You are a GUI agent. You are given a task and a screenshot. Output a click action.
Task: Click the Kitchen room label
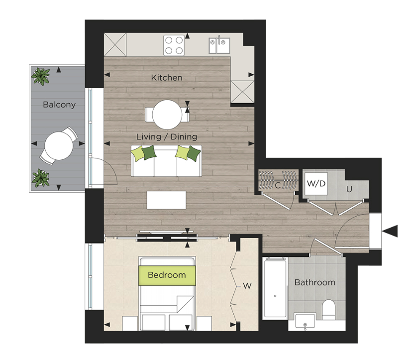tap(167, 78)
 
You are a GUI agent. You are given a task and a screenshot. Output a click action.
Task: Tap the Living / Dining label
tap(167, 136)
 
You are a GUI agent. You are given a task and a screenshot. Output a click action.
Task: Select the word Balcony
tap(59, 105)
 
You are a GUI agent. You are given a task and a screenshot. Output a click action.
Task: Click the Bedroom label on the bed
tap(167, 275)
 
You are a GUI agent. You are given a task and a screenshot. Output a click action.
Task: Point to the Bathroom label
tap(314, 282)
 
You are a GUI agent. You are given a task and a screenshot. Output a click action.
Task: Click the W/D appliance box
tap(316, 183)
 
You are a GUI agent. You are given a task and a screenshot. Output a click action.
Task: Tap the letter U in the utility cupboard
tap(350, 190)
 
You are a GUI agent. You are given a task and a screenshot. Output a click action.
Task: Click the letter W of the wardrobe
tap(246, 286)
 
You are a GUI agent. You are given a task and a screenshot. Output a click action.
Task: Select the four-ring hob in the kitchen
tap(175, 45)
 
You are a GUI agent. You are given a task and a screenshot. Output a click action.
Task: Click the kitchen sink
tap(218, 45)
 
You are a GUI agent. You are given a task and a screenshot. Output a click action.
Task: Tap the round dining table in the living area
tap(167, 115)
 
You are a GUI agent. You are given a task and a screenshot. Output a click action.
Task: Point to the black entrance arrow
tap(392, 231)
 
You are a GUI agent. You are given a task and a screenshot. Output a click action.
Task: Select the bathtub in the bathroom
tap(275, 290)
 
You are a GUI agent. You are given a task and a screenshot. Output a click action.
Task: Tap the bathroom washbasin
tap(305, 322)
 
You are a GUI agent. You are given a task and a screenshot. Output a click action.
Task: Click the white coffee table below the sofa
tap(167, 200)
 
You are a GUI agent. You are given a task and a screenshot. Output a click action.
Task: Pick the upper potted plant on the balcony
tap(41, 77)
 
